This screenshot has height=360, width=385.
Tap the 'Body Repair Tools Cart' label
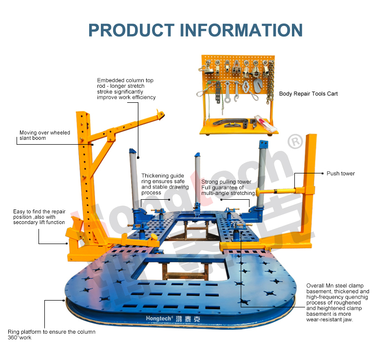click(308, 94)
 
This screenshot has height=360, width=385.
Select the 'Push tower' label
click(341, 173)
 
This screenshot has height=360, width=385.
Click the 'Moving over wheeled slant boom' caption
click(45, 135)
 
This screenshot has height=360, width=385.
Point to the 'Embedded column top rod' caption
click(126, 89)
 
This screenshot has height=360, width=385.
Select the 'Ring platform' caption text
click(51, 335)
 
